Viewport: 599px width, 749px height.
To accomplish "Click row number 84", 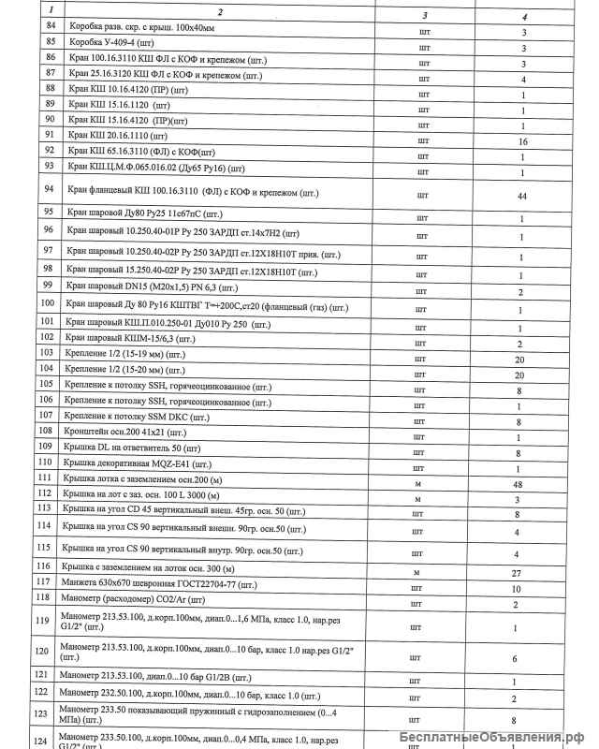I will point(51,29).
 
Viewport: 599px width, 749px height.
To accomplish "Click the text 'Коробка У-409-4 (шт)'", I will point(116,44).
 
